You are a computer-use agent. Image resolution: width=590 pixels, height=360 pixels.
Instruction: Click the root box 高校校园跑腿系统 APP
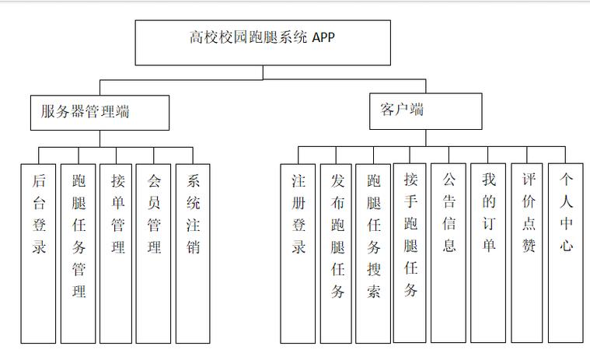(x=263, y=43)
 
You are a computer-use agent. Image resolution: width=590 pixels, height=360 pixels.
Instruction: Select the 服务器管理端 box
(x=99, y=113)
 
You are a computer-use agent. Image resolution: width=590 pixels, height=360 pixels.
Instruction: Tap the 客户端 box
(x=425, y=111)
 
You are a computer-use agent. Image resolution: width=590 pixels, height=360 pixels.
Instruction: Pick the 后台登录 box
(x=38, y=253)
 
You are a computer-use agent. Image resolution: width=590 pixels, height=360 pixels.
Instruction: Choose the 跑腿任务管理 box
(x=79, y=253)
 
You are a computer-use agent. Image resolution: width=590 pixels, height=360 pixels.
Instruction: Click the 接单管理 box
(x=116, y=253)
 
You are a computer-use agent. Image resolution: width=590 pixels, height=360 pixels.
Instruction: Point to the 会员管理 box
(x=153, y=253)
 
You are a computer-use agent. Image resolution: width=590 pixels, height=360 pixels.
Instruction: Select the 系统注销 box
(x=193, y=253)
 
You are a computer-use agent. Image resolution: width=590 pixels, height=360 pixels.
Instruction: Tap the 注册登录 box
(x=298, y=253)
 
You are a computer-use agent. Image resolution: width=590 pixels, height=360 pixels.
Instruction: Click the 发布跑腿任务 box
(x=336, y=253)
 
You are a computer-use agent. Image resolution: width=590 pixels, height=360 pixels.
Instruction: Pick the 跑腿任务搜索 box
(x=373, y=253)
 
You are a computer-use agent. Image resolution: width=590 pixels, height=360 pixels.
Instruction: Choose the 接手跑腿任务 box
(x=410, y=253)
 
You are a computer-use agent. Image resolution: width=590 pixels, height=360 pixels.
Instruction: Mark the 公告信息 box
(x=449, y=253)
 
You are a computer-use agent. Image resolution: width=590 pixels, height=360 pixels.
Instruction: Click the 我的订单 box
(x=488, y=253)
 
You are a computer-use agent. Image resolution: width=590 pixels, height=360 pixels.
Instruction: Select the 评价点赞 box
(x=527, y=253)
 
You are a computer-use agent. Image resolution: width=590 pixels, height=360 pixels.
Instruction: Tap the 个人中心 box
(x=566, y=253)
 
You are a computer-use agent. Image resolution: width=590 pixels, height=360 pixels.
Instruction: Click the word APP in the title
(x=323, y=37)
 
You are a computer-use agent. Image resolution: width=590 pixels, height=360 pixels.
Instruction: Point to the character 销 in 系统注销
(x=193, y=247)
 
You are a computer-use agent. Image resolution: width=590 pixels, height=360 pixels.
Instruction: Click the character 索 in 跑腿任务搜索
(x=374, y=292)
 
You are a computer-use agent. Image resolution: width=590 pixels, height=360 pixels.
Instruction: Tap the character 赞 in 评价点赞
(x=529, y=246)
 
